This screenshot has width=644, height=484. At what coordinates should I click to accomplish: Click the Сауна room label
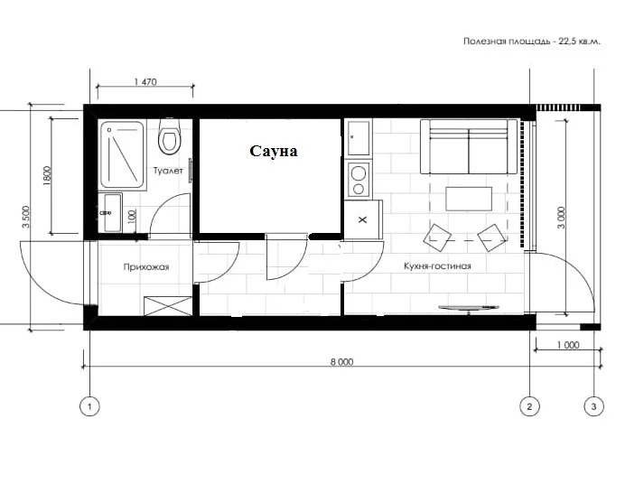click(273, 151)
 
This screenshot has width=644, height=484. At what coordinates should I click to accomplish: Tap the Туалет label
click(168, 171)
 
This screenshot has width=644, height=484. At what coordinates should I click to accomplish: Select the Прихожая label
click(146, 267)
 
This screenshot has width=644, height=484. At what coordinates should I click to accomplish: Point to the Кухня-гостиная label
click(437, 266)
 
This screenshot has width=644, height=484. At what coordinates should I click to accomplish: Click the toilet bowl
click(169, 136)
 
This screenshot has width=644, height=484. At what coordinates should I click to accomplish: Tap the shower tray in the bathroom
click(123, 155)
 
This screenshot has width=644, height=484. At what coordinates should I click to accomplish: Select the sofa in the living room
click(469, 146)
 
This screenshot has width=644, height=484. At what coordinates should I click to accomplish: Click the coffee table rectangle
click(469, 199)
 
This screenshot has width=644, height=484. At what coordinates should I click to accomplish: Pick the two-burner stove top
click(359, 180)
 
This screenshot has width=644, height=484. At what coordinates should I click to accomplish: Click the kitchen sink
click(359, 138)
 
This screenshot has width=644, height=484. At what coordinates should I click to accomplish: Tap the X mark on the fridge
click(363, 220)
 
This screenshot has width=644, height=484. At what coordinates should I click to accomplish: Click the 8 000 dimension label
click(341, 362)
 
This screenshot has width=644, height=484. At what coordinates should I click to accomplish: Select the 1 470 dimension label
click(145, 82)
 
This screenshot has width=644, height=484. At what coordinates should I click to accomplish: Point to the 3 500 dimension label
click(26, 217)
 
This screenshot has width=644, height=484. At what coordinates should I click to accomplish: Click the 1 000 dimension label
click(568, 345)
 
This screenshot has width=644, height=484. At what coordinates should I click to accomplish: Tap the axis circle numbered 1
click(89, 407)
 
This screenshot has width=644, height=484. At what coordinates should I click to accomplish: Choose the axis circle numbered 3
click(593, 407)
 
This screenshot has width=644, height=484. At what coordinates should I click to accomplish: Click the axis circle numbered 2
click(529, 407)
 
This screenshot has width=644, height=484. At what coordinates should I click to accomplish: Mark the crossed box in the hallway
click(168, 306)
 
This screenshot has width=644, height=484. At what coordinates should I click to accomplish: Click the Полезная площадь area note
click(532, 42)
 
